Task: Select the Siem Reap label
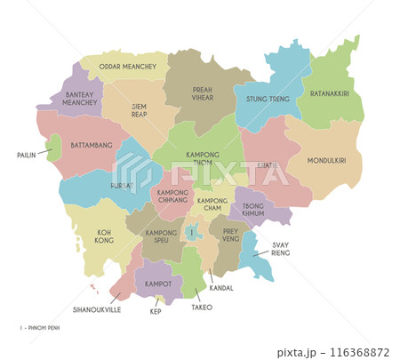[139, 110]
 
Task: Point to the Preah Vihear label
[204, 95]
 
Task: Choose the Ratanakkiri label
[329, 92]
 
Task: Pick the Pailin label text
[26, 155]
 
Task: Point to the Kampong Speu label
[158, 237]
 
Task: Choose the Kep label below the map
[156, 312]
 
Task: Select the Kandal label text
[221, 289]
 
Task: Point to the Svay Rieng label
[281, 249]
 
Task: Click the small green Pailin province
[54, 147]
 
